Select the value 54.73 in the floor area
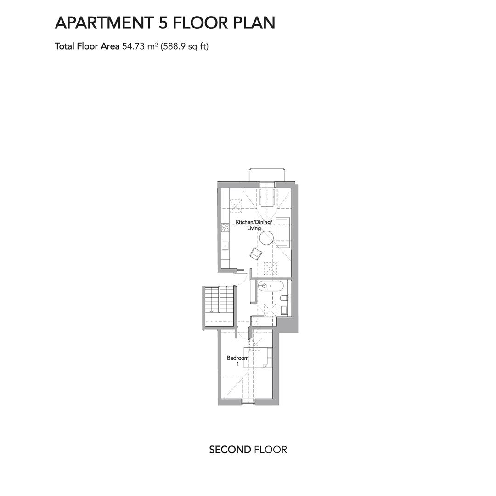[133, 46]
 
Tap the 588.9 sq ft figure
[185, 46]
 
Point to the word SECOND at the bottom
[230, 450]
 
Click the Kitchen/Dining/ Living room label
[254, 225]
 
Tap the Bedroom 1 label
[237, 361]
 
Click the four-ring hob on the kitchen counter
[225, 228]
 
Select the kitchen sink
[225, 245]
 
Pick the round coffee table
[266, 237]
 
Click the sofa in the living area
[283, 232]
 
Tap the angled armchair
[256, 254]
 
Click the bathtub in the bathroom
[270, 287]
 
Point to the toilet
[284, 298]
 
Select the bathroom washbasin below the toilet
[284, 310]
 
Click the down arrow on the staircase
[212, 299]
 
